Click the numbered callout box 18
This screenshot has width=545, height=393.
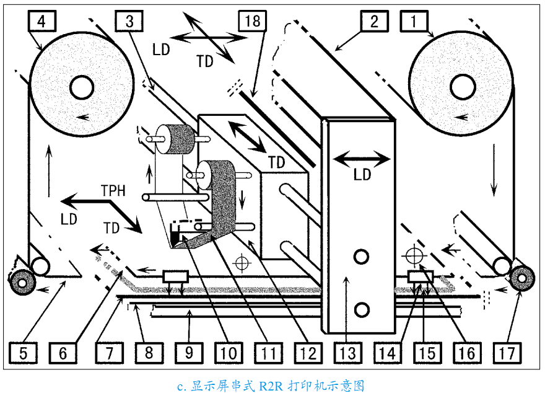point(252,21)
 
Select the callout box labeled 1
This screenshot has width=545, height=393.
point(414,21)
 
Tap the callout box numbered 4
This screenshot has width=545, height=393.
point(41,21)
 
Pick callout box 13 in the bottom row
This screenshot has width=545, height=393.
point(348,353)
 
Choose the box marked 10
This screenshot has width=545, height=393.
point(229,353)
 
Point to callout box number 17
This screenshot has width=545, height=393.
point(507,353)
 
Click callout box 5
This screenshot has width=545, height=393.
point(23,353)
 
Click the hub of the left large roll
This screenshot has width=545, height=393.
point(82,87)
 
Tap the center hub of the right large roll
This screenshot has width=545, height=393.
point(463,87)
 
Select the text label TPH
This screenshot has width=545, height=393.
point(113,190)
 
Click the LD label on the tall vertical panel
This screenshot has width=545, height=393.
point(362,175)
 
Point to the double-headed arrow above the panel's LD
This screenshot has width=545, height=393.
point(362,159)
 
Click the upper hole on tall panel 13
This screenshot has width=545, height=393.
point(361,257)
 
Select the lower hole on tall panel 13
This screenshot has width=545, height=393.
point(362,309)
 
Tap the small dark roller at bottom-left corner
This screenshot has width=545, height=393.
point(22,283)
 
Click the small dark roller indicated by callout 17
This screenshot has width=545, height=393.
point(521,278)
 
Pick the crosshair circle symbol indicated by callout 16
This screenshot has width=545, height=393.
point(414,256)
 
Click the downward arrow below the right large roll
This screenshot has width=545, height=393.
point(494,170)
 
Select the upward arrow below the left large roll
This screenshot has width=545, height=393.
point(49,170)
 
